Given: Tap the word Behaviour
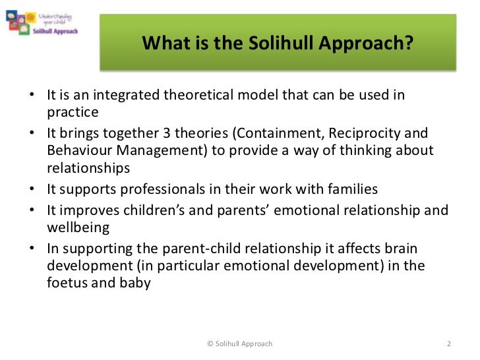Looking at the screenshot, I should coord(77,151).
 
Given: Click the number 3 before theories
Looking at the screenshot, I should coord(170,133).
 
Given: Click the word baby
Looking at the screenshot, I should coord(135,284).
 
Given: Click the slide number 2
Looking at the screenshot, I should coord(448,344).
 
